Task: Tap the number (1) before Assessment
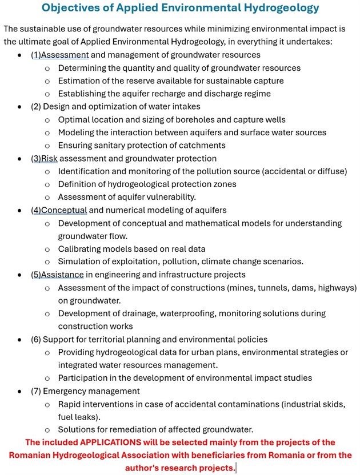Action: click(x=36, y=55)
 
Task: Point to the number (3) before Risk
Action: click(x=36, y=158)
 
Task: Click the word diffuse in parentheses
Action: click(x=329, y=171)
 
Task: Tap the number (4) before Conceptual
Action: click(x=36, y=210)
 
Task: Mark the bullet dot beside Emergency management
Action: click(x=20, y=392)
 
